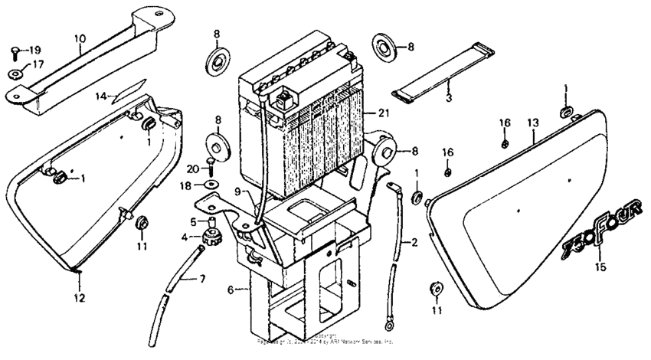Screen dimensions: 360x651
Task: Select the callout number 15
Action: click(600, 267)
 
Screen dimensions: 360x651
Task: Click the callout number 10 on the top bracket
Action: click(80, 38)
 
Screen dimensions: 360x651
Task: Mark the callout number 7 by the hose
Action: click(203, 277)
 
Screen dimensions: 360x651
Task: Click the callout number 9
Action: click(237, 191)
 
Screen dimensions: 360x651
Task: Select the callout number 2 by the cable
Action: click(414, 243)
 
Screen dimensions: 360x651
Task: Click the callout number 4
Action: click(184, 237)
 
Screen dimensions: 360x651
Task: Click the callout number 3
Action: click(449, 100)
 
